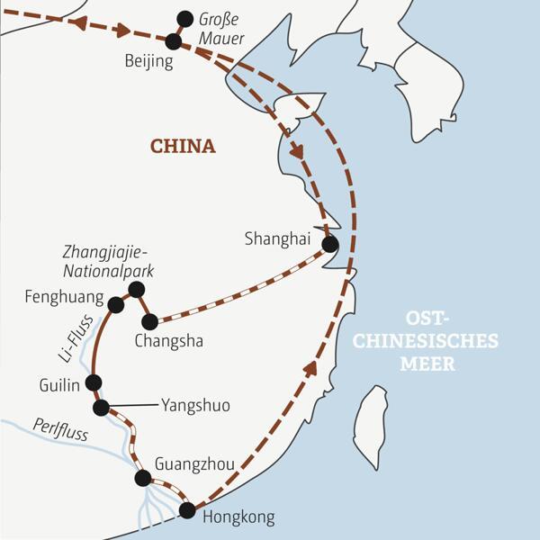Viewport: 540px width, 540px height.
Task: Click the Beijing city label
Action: coord(148,62)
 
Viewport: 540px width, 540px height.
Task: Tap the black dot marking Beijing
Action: coord(174,40)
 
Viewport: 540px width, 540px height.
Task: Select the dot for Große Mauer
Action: coord(185,18)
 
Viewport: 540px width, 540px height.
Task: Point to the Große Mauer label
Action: coord(220,28)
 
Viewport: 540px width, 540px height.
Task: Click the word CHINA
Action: coord(183,146)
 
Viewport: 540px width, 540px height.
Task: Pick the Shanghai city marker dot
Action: coord(330,244)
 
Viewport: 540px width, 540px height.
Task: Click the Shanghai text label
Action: coord(277,238)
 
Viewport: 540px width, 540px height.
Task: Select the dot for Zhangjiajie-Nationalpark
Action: coord(137,289)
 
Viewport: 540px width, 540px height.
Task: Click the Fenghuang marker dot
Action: coord(115,305)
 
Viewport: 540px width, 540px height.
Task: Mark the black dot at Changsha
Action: coord(149,320)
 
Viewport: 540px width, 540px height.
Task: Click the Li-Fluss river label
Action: coord(70,342)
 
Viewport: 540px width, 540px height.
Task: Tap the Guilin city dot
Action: coord(93,382)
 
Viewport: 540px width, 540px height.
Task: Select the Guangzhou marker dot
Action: coord(142,478)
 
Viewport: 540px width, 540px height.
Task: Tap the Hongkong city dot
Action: coord(187,510)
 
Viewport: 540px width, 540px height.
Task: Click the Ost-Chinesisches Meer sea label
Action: coord(451,341)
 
